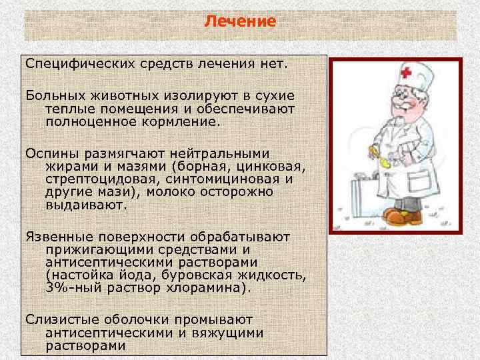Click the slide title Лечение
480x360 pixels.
[239, 21]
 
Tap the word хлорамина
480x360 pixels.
[210, 288]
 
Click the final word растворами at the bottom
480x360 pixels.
[85, 345]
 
